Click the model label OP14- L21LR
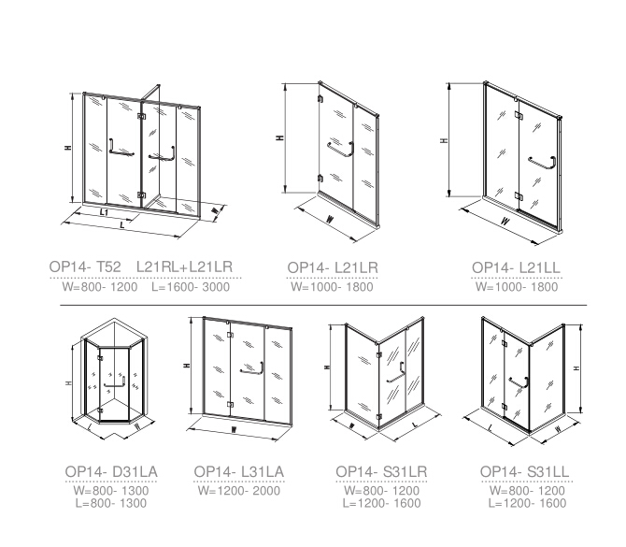[333, 267]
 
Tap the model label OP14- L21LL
[516, 267]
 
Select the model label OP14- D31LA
[111, 472]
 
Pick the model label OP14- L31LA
[239, 472]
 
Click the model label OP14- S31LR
[381, 472]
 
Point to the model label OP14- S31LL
[524, 472]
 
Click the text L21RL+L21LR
[184, 266]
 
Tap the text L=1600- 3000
[191, 287]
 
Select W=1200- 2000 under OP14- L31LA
[239, 491]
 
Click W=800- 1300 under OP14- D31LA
[111, 491]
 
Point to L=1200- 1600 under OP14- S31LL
[527, 503]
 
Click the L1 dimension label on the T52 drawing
[104, 212]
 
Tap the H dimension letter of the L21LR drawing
[280, 137]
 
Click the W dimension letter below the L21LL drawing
[505, 221]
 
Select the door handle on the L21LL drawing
[542, 162]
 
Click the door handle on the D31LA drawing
[115, 382]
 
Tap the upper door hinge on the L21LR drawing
[320, 99]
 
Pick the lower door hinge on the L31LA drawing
[230, 404]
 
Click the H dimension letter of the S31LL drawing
[576, 368]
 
